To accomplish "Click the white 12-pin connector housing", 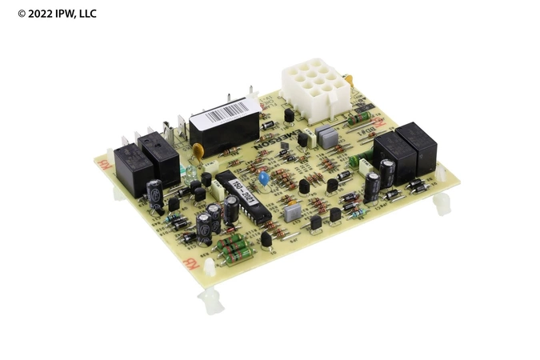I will click(314, 82).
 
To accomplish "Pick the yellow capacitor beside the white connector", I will click(349, 80).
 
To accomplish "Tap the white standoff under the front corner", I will click(210, 299).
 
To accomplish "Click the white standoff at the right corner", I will click(442, 205).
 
